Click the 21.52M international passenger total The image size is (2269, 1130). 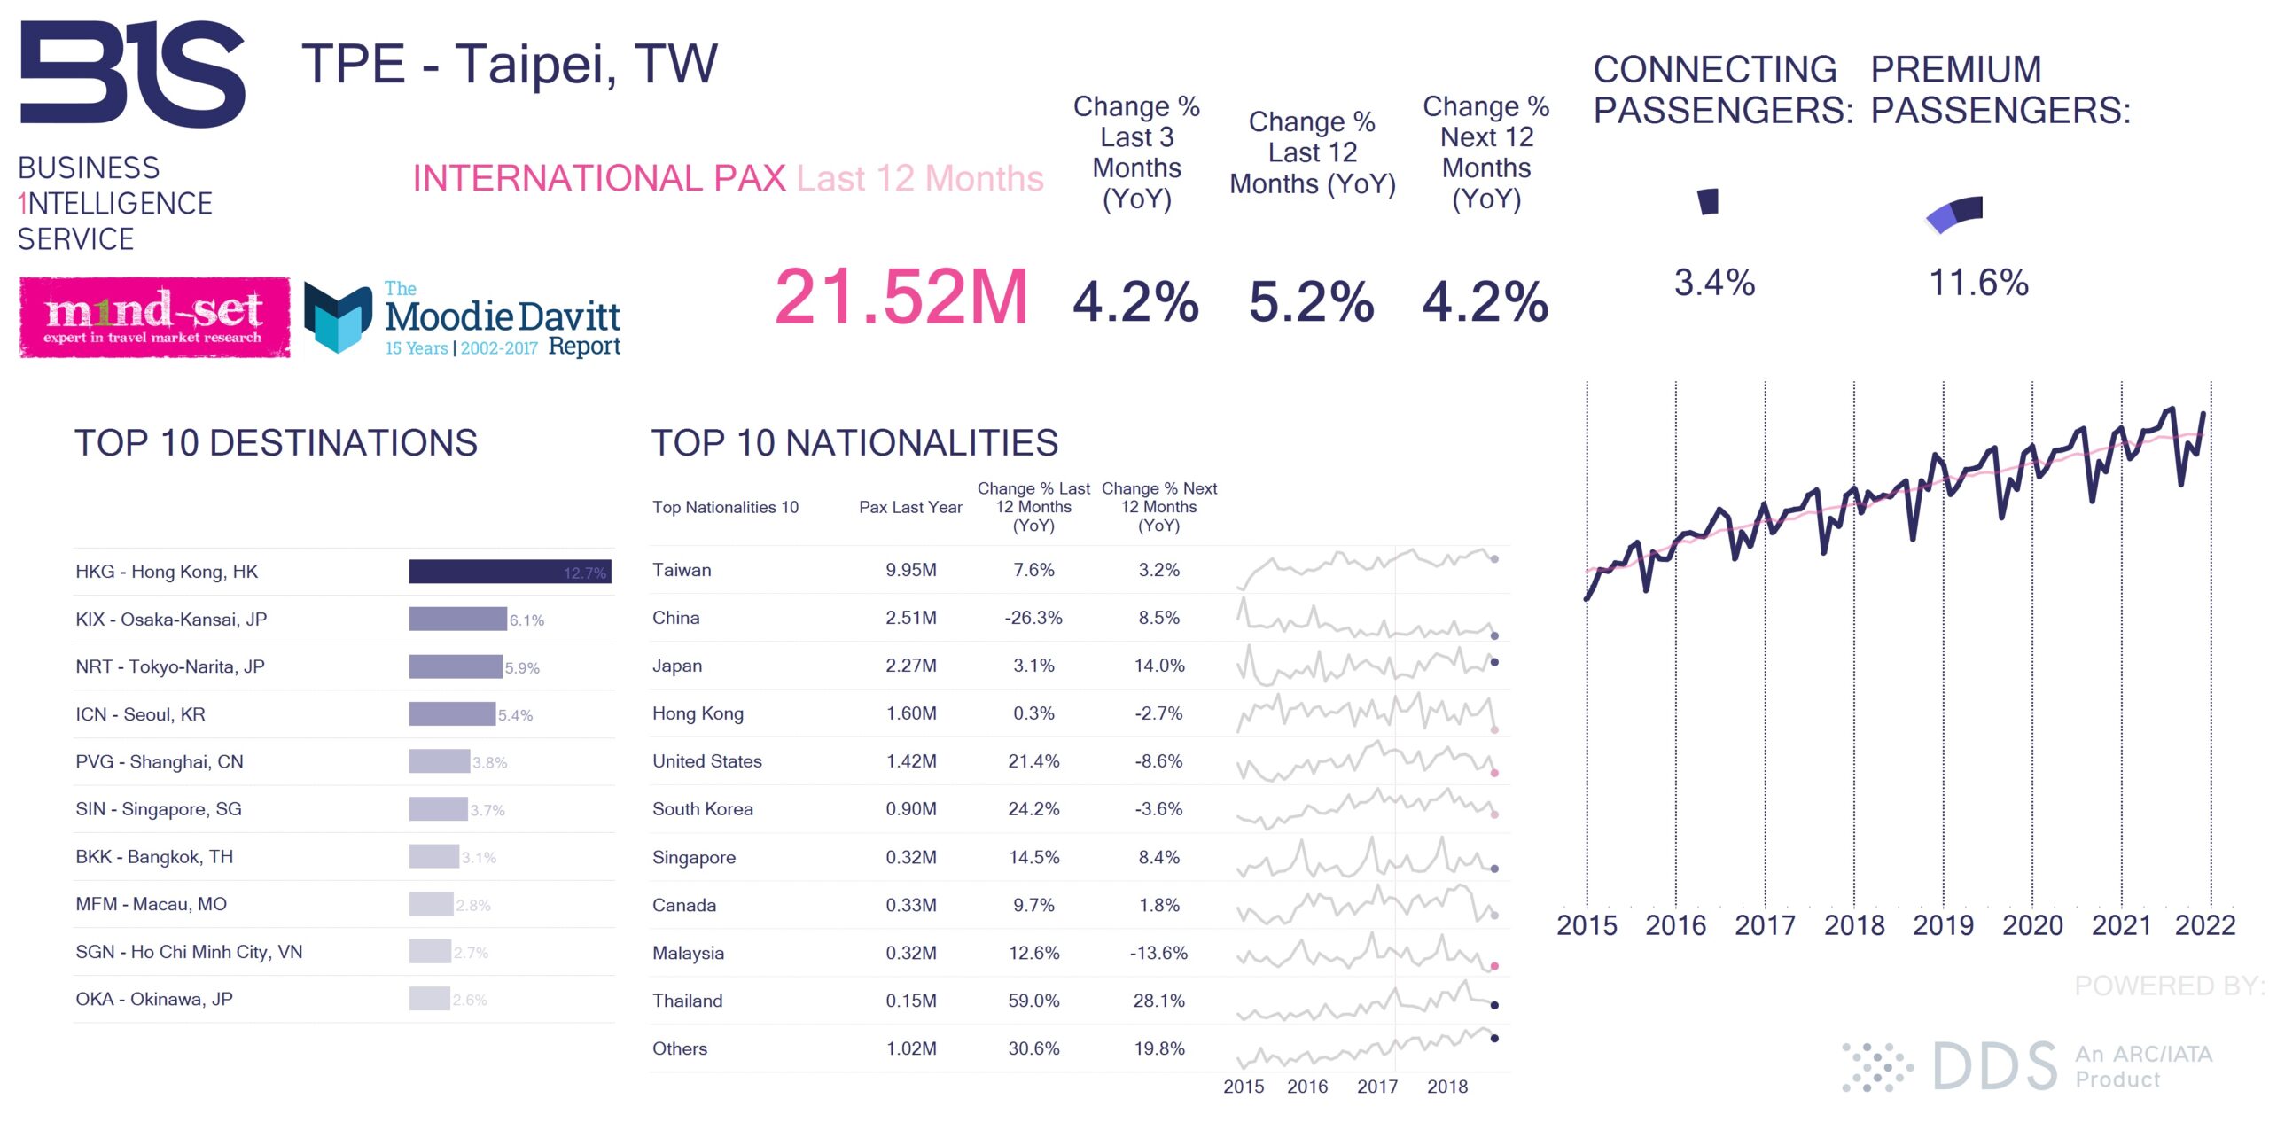[901, 298]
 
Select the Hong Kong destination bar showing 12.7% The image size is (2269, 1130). [510, 572]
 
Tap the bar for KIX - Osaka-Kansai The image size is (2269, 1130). [457, 619]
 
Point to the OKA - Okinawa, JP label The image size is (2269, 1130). [154, 999]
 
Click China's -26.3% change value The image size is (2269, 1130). [1033, 618]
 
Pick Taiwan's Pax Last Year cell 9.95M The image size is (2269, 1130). [910, 570]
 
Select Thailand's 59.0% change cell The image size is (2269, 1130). [1033, 1001]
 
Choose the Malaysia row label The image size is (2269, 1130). [688, 953]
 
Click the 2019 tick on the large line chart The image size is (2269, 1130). [1943, 925]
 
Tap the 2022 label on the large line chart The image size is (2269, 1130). [2204, 925]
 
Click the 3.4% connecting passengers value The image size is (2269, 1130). [1714, 284]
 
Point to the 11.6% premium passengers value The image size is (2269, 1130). [1978, 284]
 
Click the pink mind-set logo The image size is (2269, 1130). [154, 317]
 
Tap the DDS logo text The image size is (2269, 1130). [1994, 1066]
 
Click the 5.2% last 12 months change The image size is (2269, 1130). [1311, 302]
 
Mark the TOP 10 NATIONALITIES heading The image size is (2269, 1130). [854, 443]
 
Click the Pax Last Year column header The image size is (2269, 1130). [910, 507]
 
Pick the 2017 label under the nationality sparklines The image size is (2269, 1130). [1376, 1087]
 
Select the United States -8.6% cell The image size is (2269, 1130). [1158, 761]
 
